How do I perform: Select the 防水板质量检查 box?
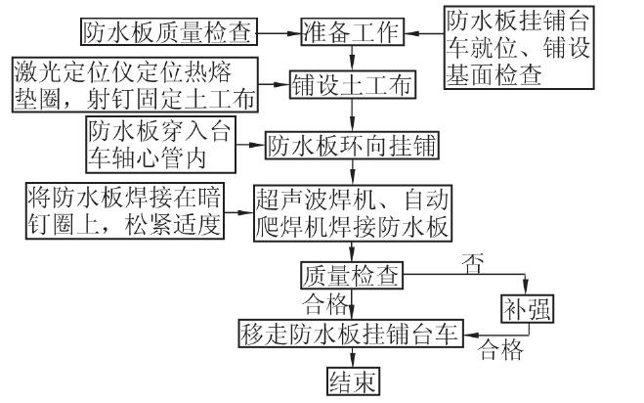(167, 32)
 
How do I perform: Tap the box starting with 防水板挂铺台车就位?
(521, 46)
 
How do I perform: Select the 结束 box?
(351, 381)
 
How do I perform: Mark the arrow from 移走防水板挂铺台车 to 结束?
(351, 357)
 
